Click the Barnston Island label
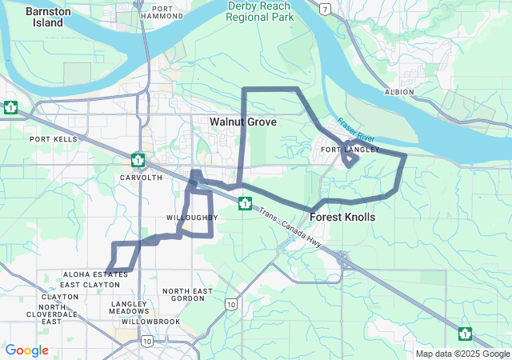tap(48, 17)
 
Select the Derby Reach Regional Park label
tap(258, 10)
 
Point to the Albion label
tap(399, 92)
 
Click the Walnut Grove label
tap(243, 122)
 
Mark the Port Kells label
tap(54, 138)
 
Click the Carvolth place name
tap(141, 177)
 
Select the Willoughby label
tap(192, 218)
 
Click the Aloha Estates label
tap(95, 274)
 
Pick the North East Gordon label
tap(188, 294)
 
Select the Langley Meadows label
tap(130, 308)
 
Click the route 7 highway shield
tap(324, 9)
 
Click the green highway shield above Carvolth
tap(138, 160)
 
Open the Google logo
tap(26, 350)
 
